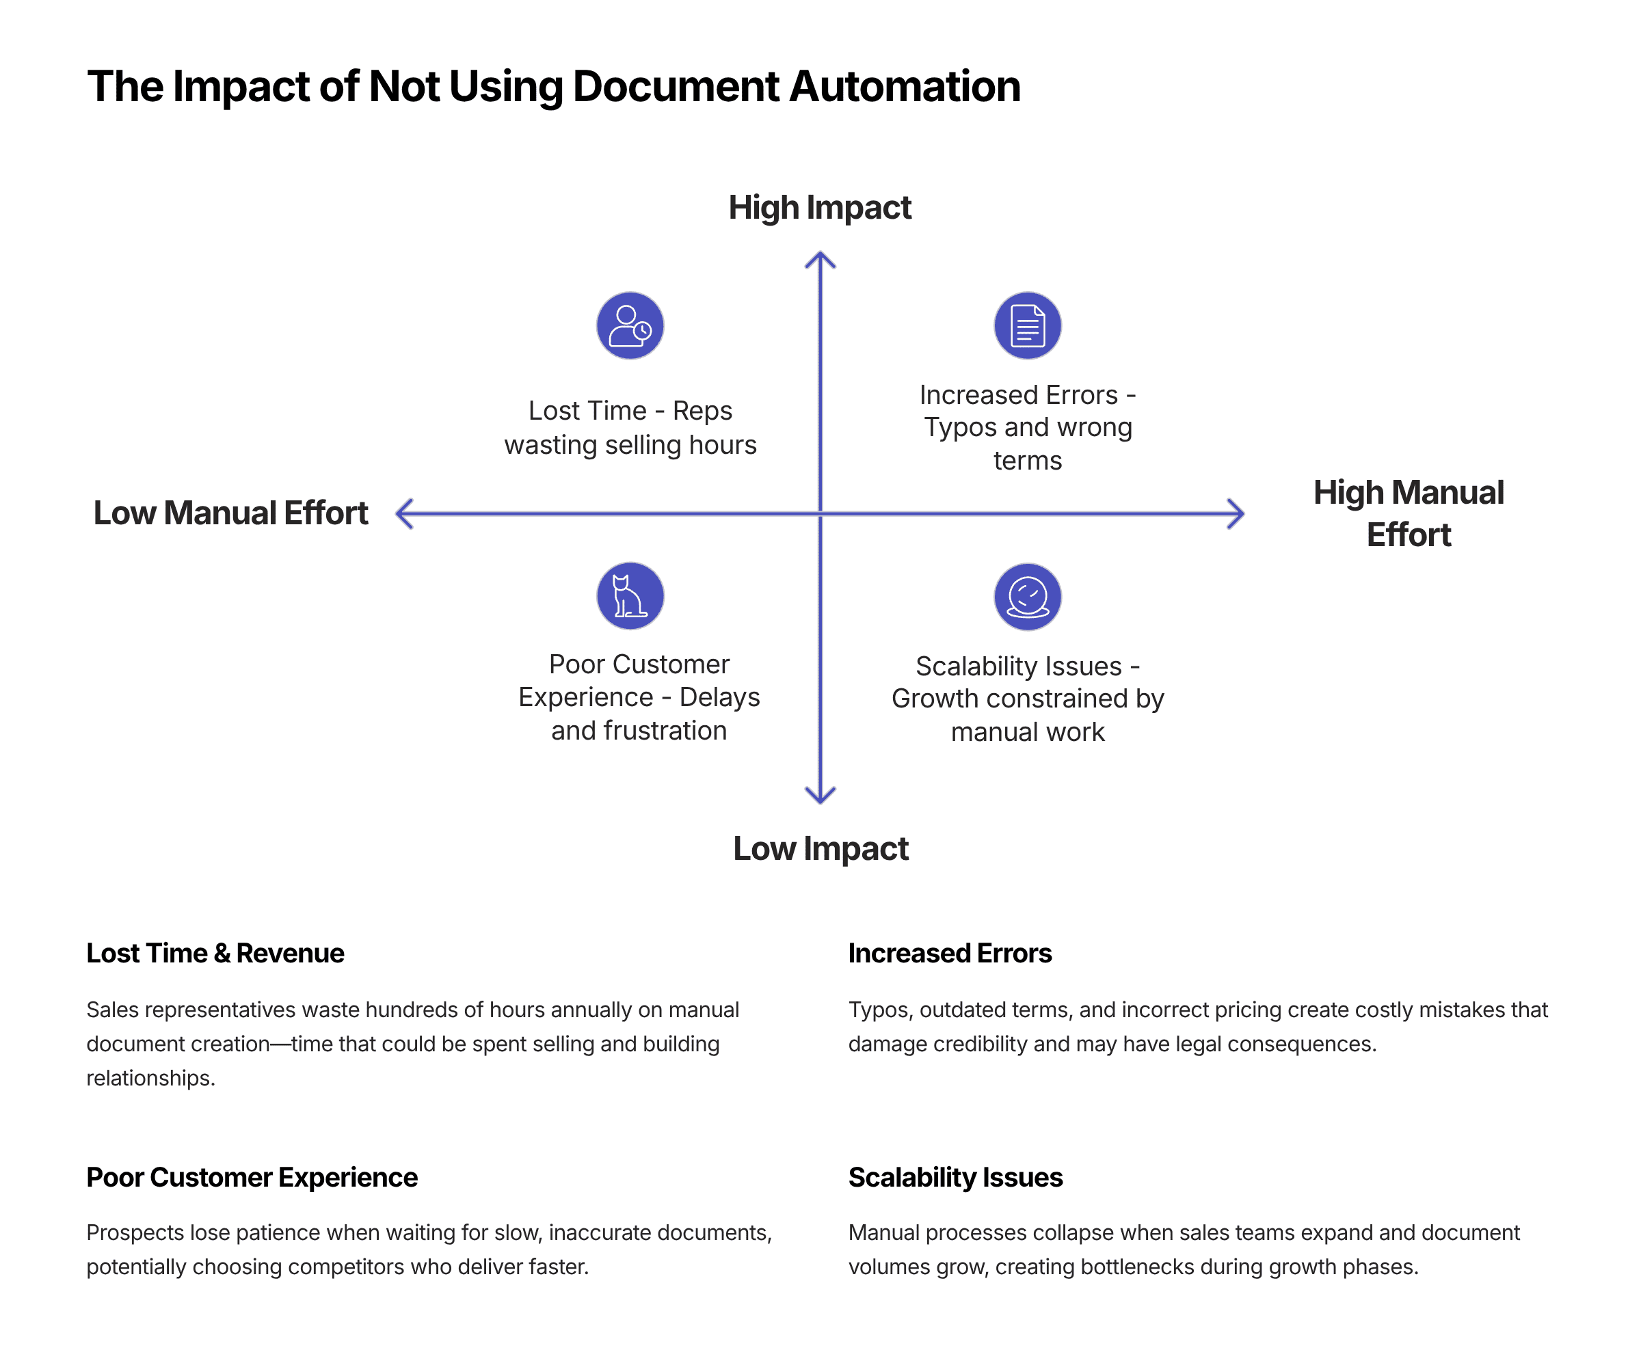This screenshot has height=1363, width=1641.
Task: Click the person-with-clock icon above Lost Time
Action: point(630,326)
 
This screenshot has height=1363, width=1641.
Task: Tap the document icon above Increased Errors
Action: point(1027,326)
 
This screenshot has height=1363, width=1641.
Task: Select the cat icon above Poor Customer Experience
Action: point(630,596)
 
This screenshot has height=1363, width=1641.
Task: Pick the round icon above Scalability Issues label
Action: point(1027,597)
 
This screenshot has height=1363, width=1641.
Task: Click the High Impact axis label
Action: point(820,208)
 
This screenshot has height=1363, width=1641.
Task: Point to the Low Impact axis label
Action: point(820,848)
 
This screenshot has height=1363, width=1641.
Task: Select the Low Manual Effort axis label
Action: point(230,513)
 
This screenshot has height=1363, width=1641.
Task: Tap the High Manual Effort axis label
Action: point(1408,513)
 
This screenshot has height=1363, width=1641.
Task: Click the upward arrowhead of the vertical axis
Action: point(820,257)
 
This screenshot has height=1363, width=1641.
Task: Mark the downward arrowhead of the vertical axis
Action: point(820,798)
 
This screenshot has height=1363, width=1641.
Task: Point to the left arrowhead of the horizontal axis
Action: point(401,514)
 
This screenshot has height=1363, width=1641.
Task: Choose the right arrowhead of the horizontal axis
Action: point(1238,514)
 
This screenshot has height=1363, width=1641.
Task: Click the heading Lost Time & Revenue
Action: point(215,953)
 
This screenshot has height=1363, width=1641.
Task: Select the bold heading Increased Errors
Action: point(950,953)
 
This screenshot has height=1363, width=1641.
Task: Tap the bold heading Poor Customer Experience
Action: point(252,1177)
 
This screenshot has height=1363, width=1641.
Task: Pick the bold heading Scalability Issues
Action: point(955,1177)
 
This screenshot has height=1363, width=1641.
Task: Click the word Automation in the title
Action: point(905,86)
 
